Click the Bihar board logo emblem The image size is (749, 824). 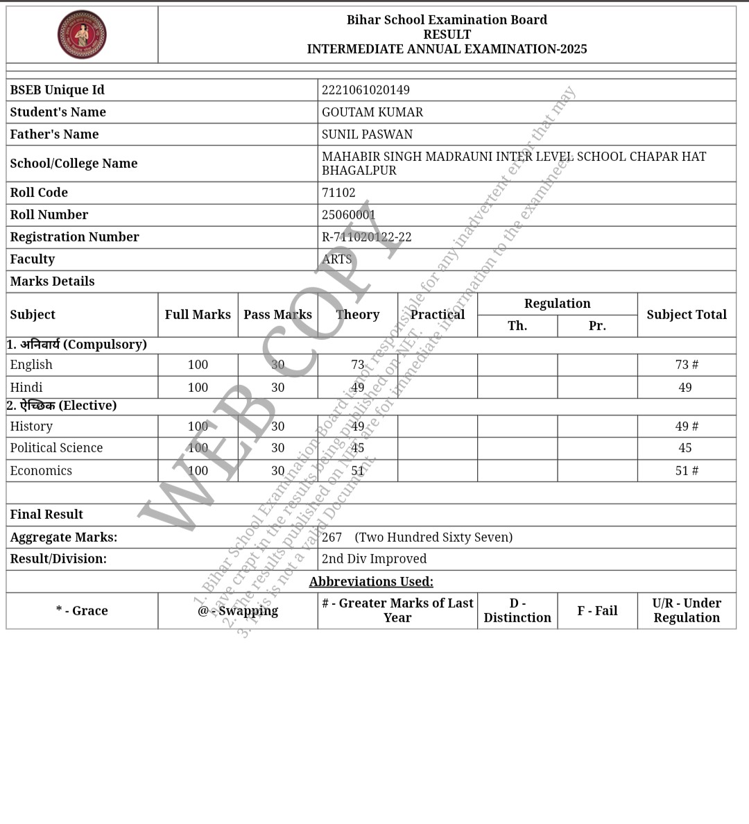coord(82,35)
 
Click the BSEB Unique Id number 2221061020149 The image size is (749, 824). coord(365,90)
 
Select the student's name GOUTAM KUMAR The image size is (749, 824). coord(372,112)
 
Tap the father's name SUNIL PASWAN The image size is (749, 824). coord(367,135)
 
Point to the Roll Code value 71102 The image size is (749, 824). coord(338,193)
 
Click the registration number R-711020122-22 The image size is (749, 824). coord(367,237)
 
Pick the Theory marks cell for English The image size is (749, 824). coord(358,365)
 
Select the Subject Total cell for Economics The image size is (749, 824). coord(687,471)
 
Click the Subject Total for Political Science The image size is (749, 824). coord(685,448)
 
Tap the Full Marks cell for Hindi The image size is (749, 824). coord(198,388)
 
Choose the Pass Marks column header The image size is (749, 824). coord(277,315)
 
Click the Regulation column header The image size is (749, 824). coord(557,304)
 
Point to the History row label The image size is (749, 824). coord(31,427)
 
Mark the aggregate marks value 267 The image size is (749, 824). coord(332,538)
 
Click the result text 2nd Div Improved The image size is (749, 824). coord(374,559)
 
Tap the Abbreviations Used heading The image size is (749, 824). coord(371,582)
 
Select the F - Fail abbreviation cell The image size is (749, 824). coord(597,611)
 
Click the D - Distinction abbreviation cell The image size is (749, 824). coord(517,611)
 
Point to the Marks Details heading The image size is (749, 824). coord(52,282)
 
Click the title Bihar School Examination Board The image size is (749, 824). coord(447,20)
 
